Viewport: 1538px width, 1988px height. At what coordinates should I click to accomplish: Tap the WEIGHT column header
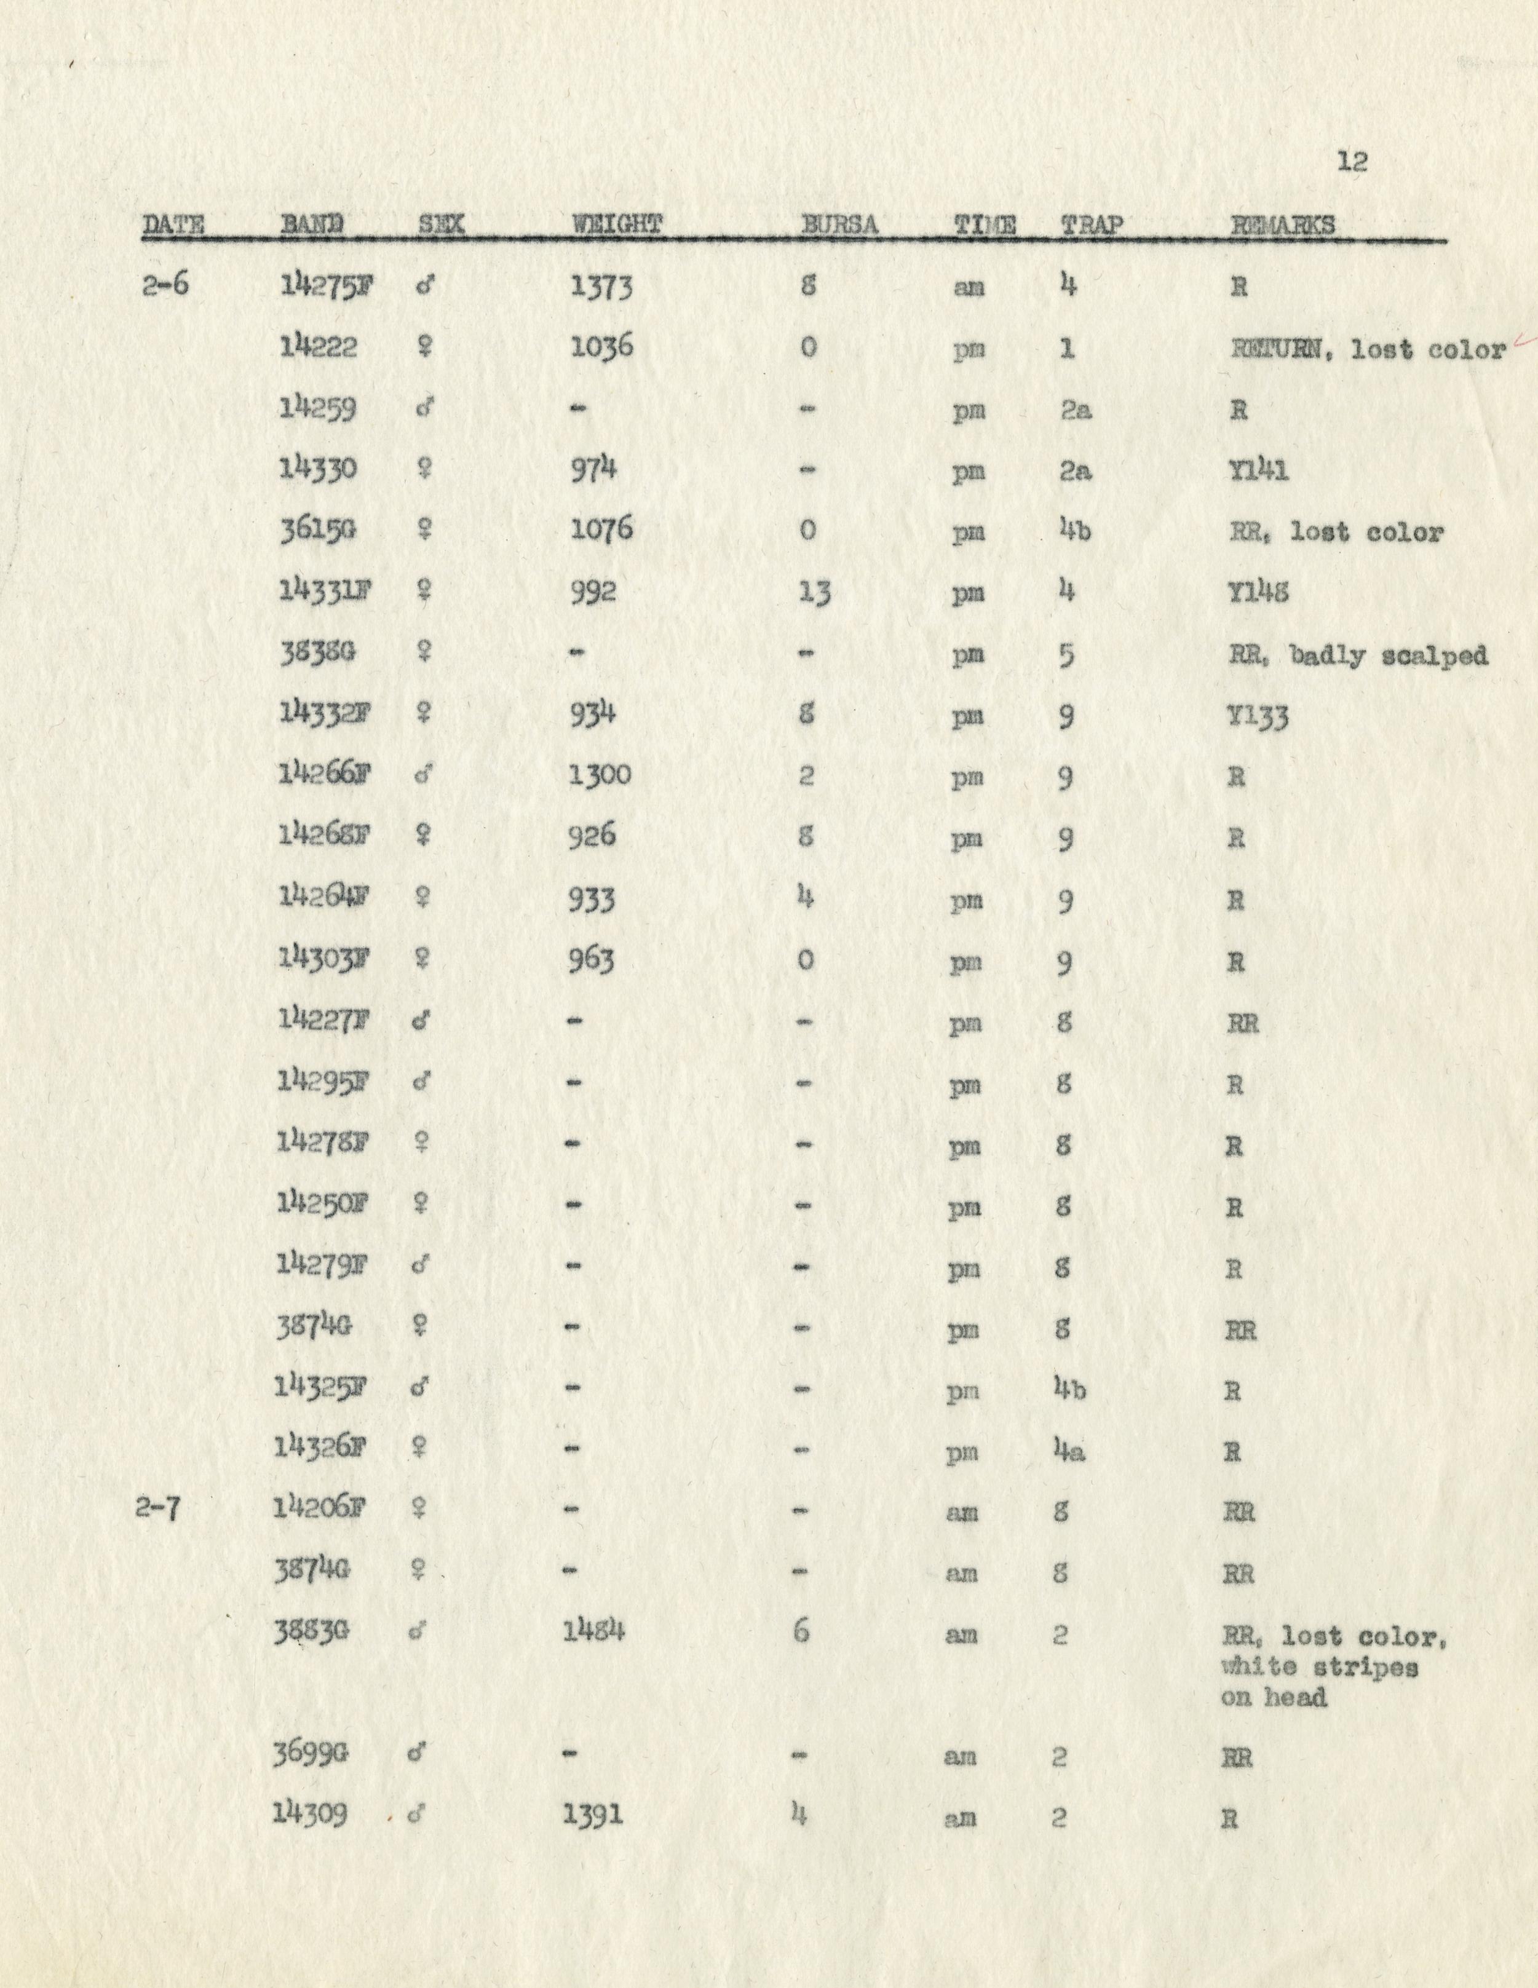616,225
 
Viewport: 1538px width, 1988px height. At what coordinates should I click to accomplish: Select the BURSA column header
839,226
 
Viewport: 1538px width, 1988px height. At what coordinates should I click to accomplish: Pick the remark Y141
1259,470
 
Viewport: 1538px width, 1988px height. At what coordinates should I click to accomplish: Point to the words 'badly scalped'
1389,655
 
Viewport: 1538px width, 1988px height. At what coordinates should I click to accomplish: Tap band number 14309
309,1813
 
